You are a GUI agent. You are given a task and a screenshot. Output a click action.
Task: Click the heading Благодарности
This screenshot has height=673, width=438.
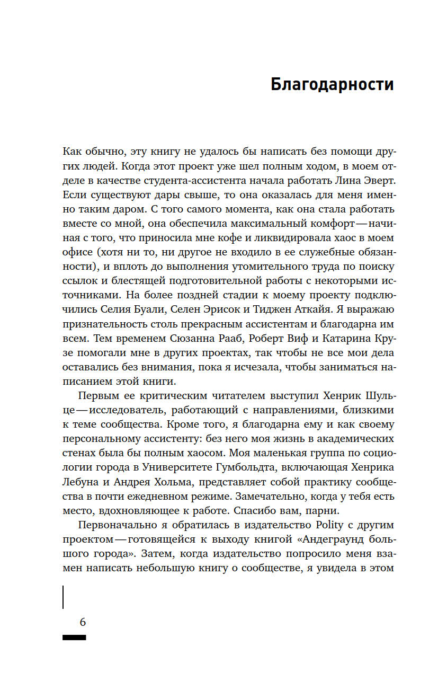(x=332, y=85)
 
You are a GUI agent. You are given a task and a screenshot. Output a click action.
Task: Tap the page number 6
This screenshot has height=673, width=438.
(x=83, y=622)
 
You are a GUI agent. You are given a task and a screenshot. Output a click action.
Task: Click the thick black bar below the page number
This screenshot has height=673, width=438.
(x=74, y=637)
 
